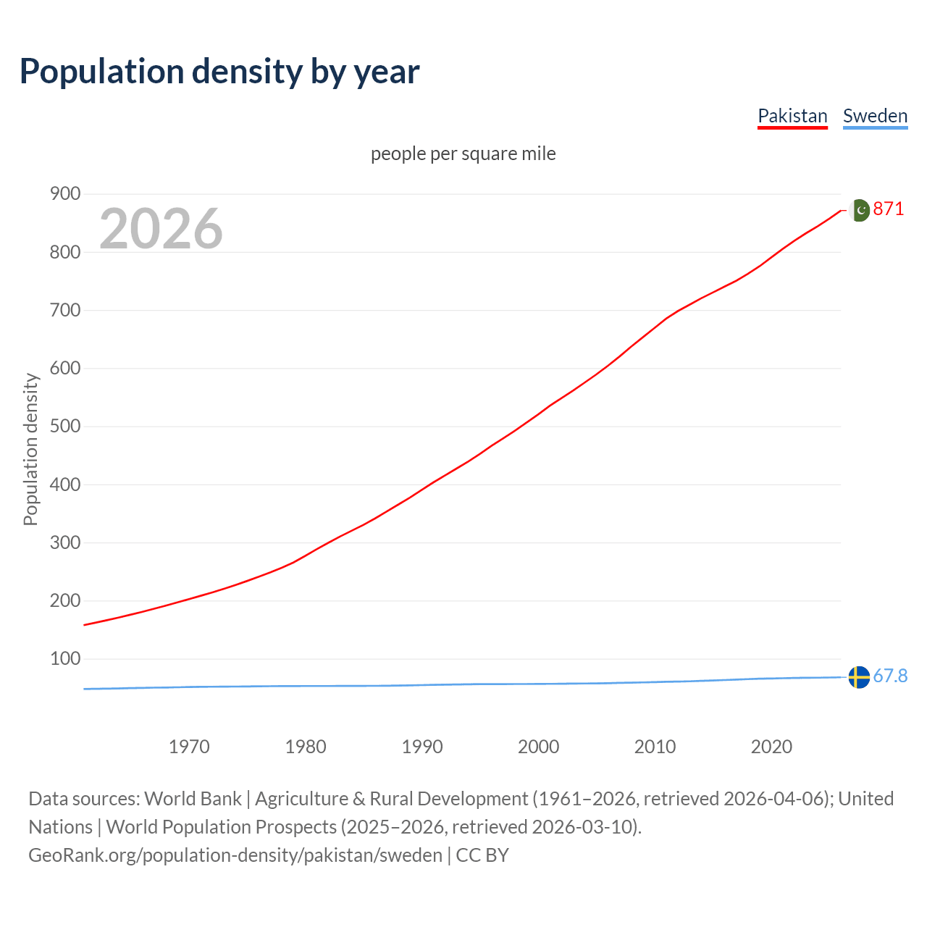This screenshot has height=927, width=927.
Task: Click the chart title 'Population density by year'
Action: point(219,71)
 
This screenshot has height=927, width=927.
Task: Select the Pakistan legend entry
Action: point(792,116)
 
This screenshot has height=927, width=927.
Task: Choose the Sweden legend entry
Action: point(875,116)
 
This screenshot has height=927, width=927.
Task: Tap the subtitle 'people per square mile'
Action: point(463,154)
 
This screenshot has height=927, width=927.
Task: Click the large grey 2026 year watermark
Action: point(161,229)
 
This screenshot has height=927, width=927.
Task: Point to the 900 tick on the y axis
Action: point(64,193)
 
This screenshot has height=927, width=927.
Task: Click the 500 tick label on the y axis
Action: point(64,426)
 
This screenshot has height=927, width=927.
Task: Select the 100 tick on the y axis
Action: point(64,658)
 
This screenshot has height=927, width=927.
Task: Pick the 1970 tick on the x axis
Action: point(189,746)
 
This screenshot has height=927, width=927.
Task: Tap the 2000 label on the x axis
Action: point(538,746)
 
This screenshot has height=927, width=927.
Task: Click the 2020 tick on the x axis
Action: point(771,746)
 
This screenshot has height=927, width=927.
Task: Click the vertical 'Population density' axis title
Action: point(30,449)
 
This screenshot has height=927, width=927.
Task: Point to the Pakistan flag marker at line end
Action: point(859,210)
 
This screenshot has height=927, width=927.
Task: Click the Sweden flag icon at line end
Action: point(859,677)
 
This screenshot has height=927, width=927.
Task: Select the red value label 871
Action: point(889,209)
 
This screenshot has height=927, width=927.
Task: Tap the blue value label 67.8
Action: point(890,676)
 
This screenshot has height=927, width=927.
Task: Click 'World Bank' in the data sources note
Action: point(193,798)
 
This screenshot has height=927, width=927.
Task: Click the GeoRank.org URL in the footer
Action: point(235,855)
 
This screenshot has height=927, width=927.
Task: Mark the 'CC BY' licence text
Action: point(482,855)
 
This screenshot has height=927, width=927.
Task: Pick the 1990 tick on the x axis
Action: point(422,746)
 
